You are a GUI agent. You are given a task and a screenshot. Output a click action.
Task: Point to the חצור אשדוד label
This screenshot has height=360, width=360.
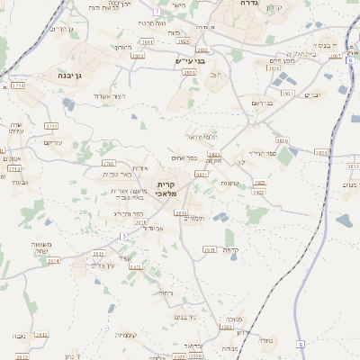click(x=110, y=95)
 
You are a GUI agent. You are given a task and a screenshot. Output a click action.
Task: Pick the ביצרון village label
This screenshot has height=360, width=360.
click(x=123, y=47)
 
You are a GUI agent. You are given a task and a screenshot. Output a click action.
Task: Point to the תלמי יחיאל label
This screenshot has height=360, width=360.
click(x=202, y=136)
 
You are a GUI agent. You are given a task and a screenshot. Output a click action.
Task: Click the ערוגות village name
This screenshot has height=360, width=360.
click(x=229, y=183)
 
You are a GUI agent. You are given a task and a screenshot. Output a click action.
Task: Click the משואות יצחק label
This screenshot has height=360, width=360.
click(x=45, y=248)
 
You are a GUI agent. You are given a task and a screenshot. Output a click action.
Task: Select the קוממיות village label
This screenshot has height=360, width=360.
click(x=125, y=336)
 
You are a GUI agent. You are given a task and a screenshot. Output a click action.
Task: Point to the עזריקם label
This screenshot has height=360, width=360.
click(x=53, y=142)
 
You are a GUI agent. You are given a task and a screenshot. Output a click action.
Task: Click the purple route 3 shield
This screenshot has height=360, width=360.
click(x=123, y=235)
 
